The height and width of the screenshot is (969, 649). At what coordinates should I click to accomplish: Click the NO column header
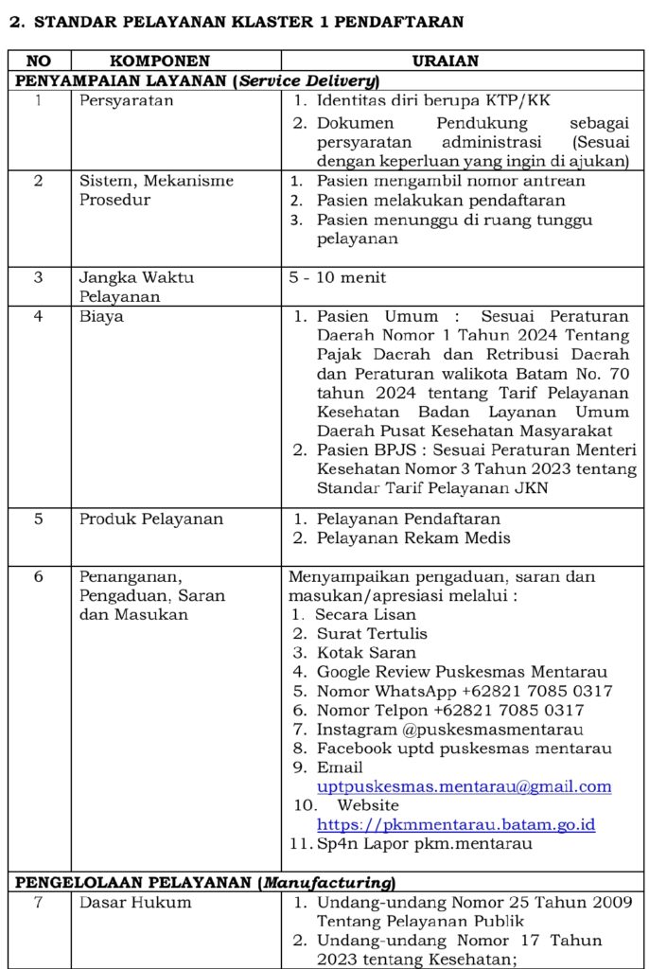point(38,61)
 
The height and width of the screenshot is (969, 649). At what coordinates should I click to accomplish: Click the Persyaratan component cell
point(127,100)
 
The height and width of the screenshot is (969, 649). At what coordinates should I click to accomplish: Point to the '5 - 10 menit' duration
point(338,278)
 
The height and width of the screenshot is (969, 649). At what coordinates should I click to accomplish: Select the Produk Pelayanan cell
point(151,519)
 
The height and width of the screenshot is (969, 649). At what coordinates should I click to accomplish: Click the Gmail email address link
point(464,786)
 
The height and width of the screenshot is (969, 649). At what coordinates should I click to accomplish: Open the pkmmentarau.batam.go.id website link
point(455,825)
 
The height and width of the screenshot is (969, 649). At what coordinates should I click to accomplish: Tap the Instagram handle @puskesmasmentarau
point(449,729)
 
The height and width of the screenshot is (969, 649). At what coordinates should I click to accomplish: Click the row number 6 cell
point(38,576)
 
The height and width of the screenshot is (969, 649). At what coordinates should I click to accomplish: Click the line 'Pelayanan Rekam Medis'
point(413,537)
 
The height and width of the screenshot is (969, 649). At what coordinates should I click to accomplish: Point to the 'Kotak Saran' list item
point(366,653)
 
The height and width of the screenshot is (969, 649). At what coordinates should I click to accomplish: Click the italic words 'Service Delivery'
point(308,80)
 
